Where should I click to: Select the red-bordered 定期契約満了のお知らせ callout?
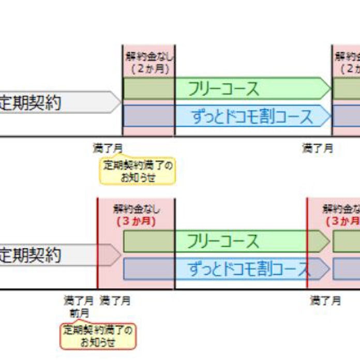[98, 336]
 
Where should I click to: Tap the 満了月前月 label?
[79, 307]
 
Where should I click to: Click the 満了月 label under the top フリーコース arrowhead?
[318, 148]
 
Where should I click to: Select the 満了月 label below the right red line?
[325, 301]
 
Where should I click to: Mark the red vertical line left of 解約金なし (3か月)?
[97, 243]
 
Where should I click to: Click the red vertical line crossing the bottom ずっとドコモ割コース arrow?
[307, 269]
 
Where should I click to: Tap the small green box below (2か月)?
[148, 88]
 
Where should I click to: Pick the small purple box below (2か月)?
[148, 116]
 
